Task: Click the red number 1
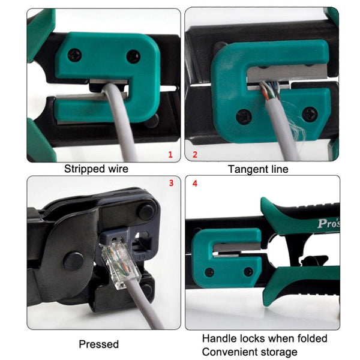click(170, 155)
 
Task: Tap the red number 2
click(195, 155)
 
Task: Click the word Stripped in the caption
click(85, 169)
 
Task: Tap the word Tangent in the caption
click(247, 169)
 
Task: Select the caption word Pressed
click(99, 344)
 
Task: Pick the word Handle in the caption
click(218, 339)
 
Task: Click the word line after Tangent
click(278, 169)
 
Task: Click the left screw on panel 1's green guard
click(74, 56)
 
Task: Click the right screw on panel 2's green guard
click(310, 113)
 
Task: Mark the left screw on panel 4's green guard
click(209, 272)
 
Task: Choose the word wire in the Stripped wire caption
click(117, 169)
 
